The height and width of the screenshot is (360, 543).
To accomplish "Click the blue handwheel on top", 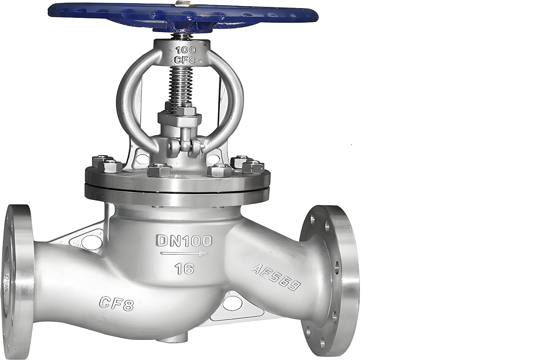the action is coord(183,17).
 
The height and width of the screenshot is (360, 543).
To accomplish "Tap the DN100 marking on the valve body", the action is coord(185,240).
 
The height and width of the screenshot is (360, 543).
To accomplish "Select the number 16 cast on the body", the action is coord(185,268).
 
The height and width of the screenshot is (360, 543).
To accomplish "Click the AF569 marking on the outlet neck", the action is coord(276,278).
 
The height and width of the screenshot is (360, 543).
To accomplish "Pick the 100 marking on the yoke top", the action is coord(185,50).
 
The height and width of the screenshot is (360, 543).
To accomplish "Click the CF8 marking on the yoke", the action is coord(185,59).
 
